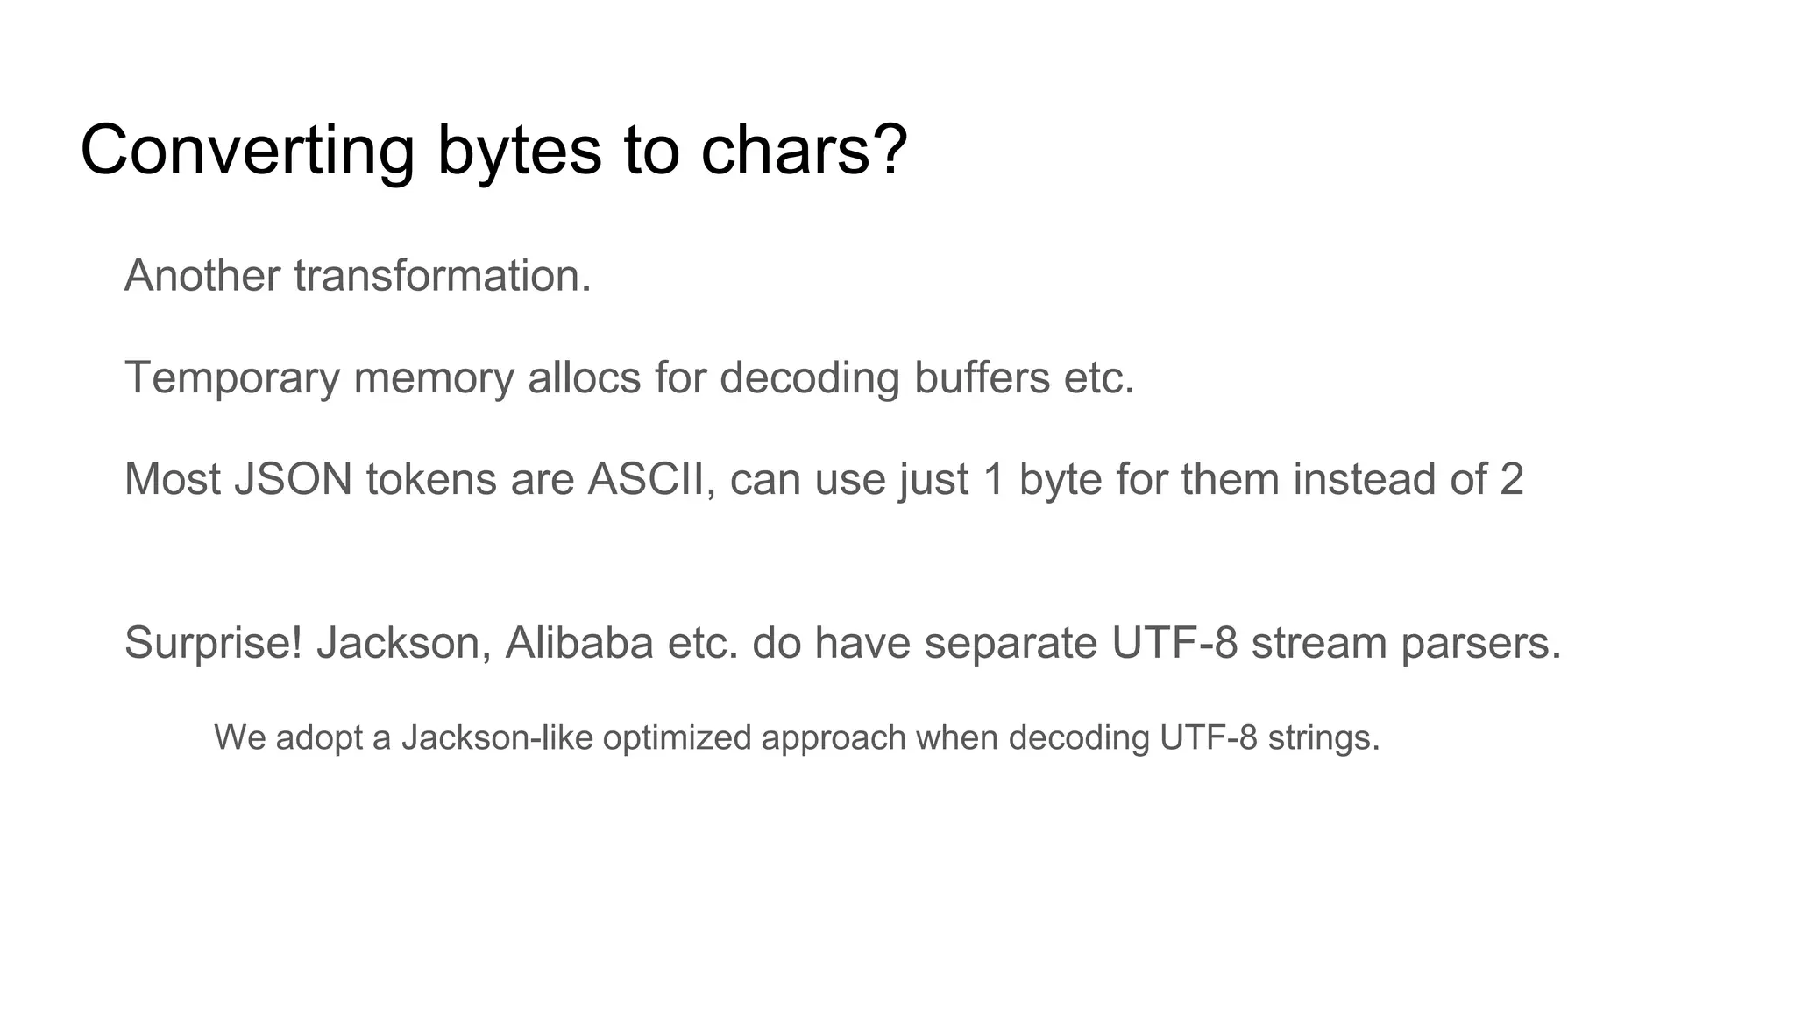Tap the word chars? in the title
coord(804,151)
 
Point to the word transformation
coord(443,276)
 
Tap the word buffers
coord(982,377)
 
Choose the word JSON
coord(293,479)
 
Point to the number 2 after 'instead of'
coord(1511,479)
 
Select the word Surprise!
coord(214,643)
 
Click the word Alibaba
coord(579,643)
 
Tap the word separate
coord(1011,643)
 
